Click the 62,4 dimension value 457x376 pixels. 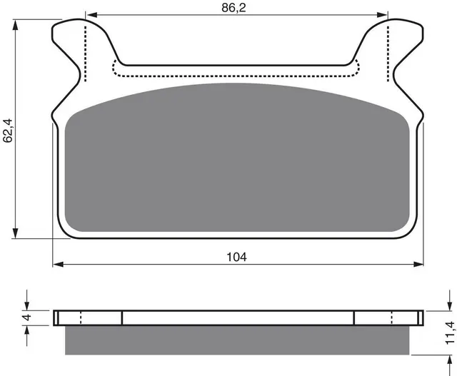coord(8,128)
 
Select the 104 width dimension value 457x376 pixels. coord(238,257)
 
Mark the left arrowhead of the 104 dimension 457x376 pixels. coord(58,264)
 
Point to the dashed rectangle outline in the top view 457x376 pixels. coord(236,76)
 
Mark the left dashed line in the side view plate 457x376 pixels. coord(81,317)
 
